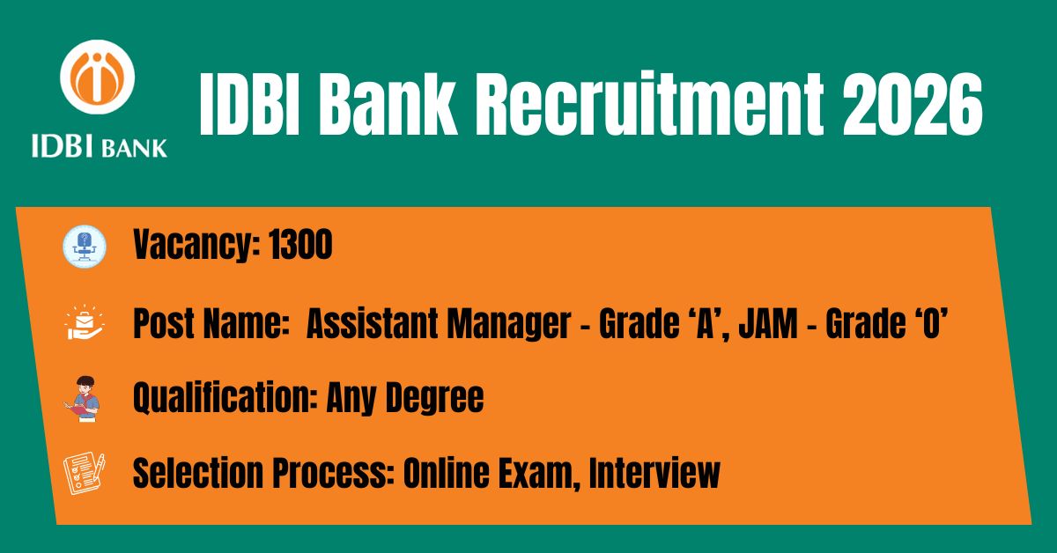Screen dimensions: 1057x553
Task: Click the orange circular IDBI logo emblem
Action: [x=97, y=77]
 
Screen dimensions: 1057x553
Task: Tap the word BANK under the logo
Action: [x=135, y=149]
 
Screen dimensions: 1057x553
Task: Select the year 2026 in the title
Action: [x=913, y=105]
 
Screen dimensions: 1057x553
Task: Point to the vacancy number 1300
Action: [x=301, y=245]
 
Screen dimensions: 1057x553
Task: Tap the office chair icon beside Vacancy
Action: [x=85, y=247]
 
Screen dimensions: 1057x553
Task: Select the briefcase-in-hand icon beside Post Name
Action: [x=85, y=323]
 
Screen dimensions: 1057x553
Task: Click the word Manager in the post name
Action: [x=509, y=325]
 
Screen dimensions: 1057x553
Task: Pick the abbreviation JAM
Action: [x=768, y=323]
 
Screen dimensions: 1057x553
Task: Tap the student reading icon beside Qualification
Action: [x=82, y=399]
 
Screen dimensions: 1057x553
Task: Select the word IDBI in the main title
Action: [x=249, y=104]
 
